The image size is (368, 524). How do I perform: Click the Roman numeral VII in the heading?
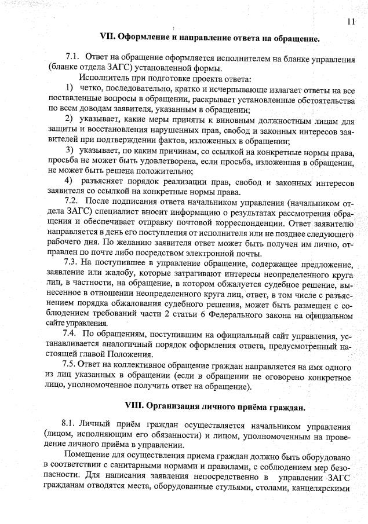coord(108,39)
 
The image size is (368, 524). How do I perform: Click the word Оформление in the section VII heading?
coord(145,39)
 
